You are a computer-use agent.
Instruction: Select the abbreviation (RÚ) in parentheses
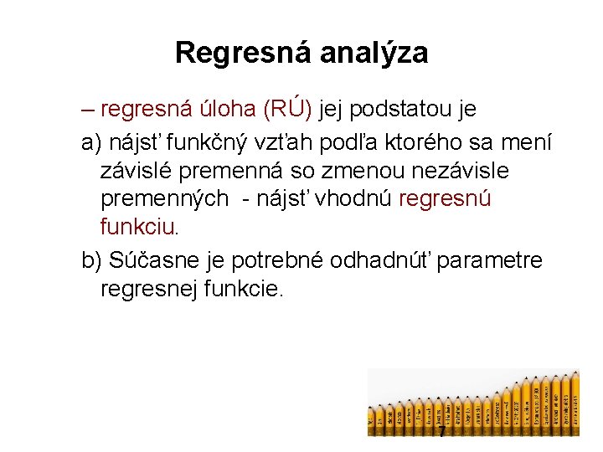tap(287, 109)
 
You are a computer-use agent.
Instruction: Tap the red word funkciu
tap(137, 227)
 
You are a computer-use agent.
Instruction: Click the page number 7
tap(441, 432)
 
